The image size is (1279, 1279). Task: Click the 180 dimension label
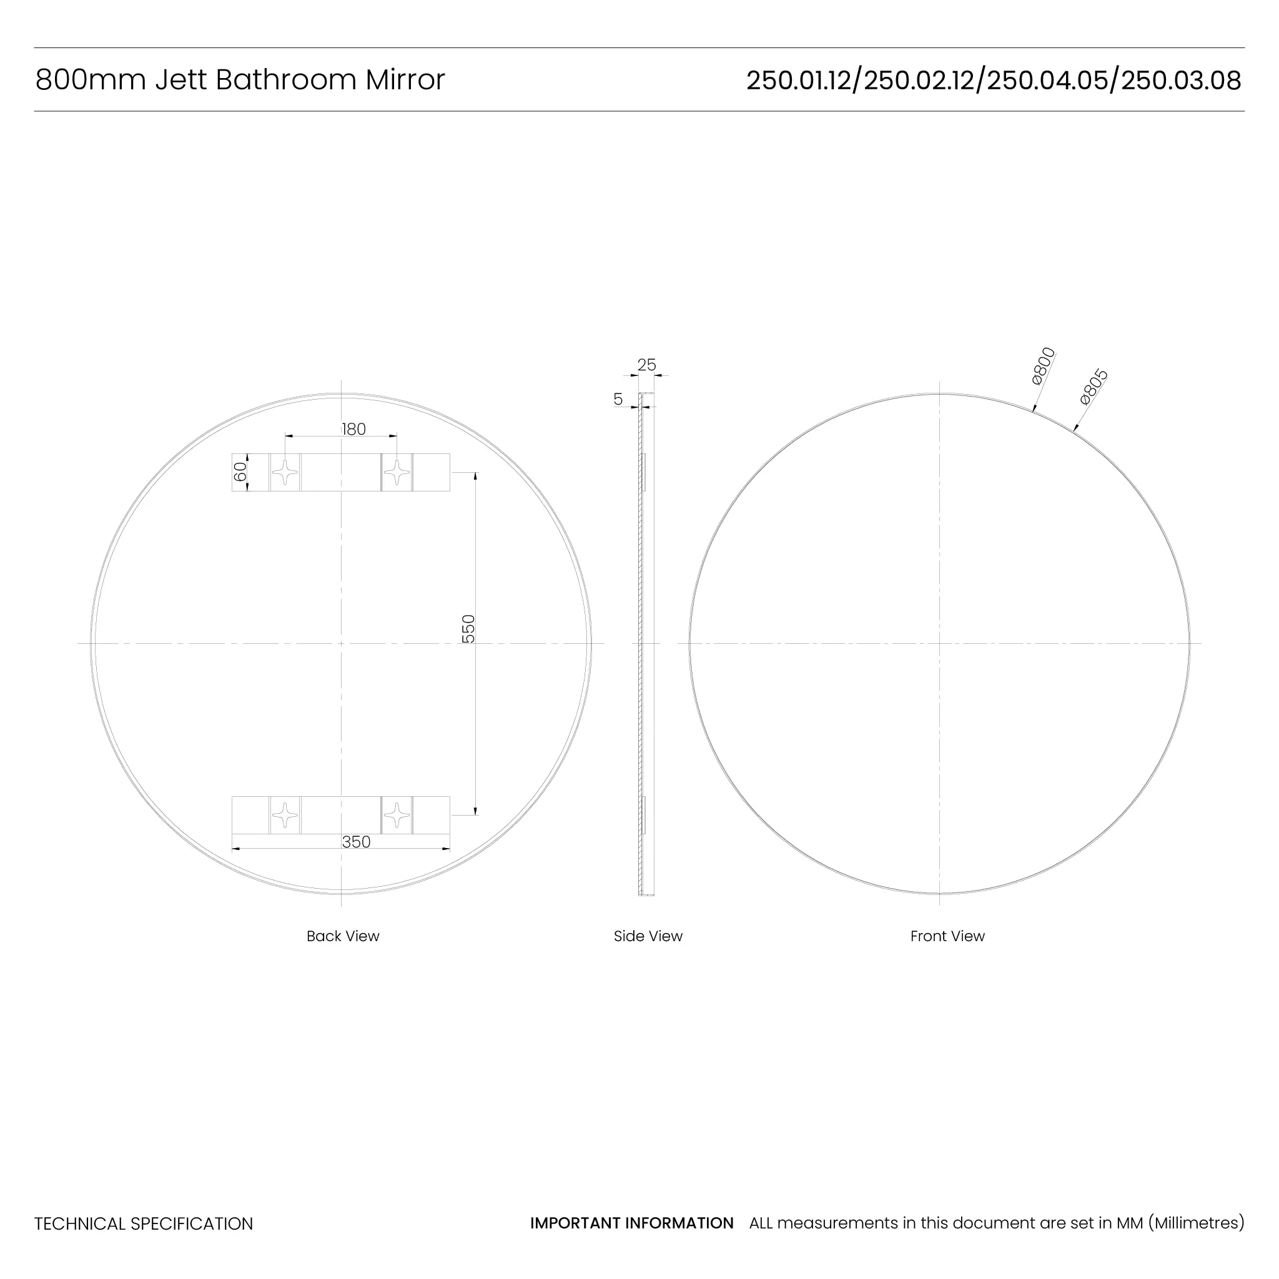point(353,429)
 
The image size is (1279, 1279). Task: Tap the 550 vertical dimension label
point(468,629)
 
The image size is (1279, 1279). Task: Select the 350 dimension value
point(356,842)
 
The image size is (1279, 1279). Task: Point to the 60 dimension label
point(240,472)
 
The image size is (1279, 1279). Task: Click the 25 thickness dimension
point(646,365)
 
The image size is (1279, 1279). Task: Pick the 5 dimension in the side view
point(618,399)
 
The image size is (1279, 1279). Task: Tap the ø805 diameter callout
point(1094,387)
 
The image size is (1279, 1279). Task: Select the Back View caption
point(343,936)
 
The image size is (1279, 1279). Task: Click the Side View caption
point(648,936)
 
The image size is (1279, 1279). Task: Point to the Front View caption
point(947,936)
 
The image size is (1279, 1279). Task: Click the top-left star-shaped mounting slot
point(285,473)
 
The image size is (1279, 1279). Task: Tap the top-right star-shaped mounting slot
point(397,473)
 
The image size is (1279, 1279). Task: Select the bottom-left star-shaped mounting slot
point(285,815)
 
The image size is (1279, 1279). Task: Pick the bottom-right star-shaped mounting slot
point(397,815)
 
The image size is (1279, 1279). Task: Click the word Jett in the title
point(180,80)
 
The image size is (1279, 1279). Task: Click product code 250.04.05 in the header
point(1047,81)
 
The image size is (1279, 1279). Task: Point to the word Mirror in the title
point(405,80)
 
